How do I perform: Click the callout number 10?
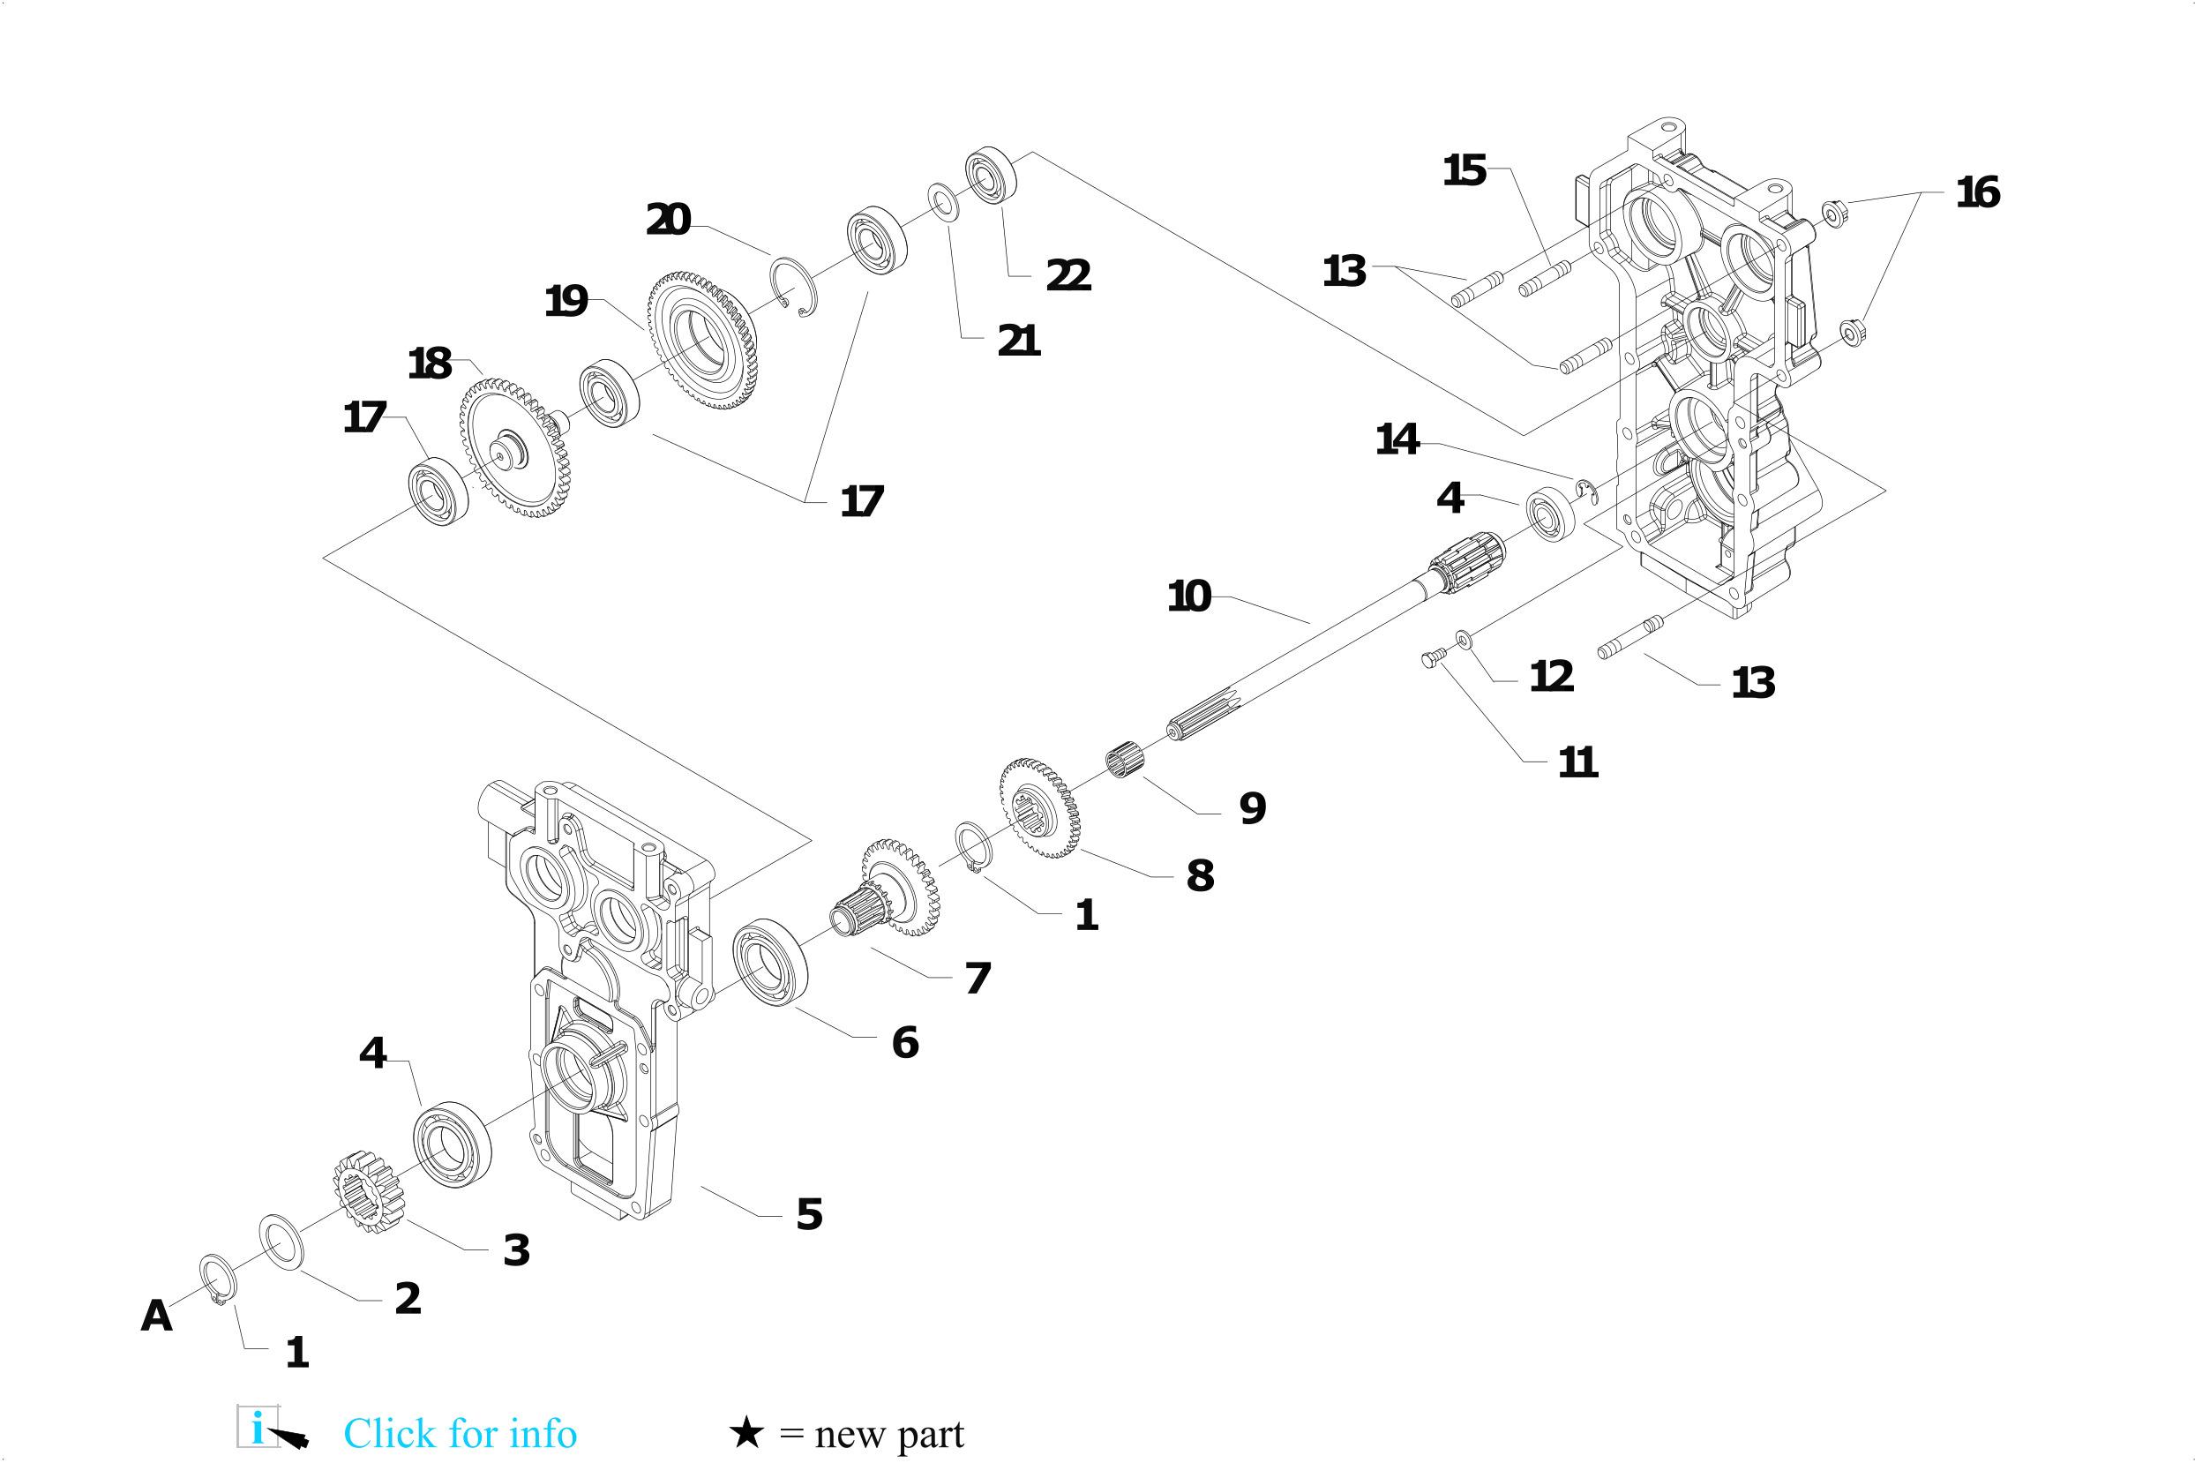(1189, 596)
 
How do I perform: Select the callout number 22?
(1068, 274)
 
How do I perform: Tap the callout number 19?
(566, 302)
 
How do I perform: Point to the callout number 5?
(809, 1214)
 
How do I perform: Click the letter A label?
(157, 1316)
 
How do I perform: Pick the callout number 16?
(1978, 192)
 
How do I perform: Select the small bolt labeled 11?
(1430, 661)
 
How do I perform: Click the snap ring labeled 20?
(793, 286)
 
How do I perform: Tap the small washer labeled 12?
(1463, 638)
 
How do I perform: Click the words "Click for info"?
(460, 1433)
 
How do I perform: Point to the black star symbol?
(746, 1432)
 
